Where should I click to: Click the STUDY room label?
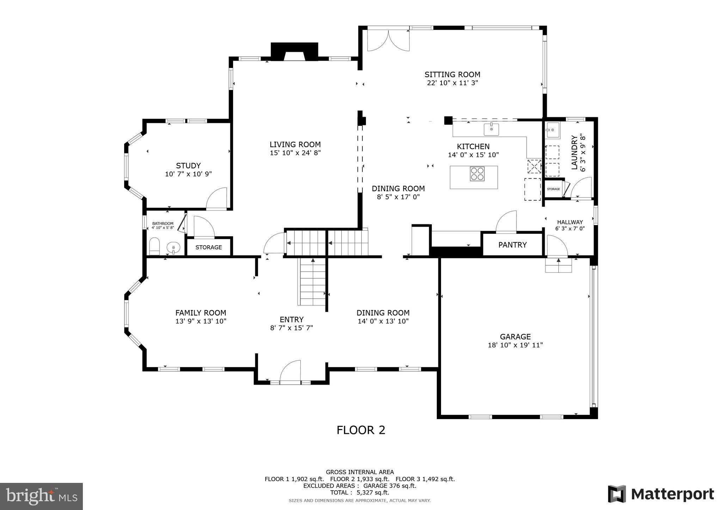[188, 166]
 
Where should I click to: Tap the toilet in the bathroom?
[154, 246]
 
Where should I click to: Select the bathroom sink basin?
[173, 248]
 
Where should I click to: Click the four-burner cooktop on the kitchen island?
[477, 174]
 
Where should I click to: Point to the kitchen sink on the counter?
[491, 129]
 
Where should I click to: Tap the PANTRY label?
[512, 245]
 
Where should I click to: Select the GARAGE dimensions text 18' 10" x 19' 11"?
[515, 345]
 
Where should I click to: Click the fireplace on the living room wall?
[294, 52]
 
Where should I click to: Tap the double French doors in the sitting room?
[388, 41]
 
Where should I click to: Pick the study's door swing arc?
[217, 199]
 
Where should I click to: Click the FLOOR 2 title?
[361, 430]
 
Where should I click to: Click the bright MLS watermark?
[41, 496]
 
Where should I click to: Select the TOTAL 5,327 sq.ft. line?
[360, 492]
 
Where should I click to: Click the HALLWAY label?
[570, 222]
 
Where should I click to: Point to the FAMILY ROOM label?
[201, 313]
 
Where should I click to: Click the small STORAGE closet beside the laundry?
[553, 189]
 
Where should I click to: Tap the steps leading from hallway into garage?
[558, 266]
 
